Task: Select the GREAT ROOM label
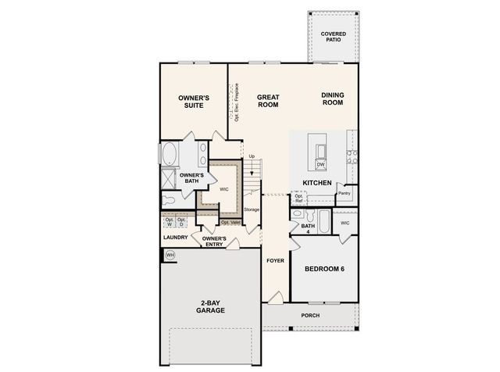(x=269, y=102)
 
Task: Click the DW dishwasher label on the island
(x=320, y=164)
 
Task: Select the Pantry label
(x=344, y=192)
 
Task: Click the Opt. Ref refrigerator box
(x=298, y=199)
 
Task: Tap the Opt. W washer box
(x=170, y=223)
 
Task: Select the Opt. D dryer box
(x=183, y=223)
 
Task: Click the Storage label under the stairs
(x=251, y=209)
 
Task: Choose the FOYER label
(x=274, y=261)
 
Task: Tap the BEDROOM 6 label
(x=324, y=269)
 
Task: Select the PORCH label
(x=310, y=315)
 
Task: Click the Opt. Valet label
(x=230, y=222)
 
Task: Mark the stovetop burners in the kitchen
(x=352, y=156)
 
